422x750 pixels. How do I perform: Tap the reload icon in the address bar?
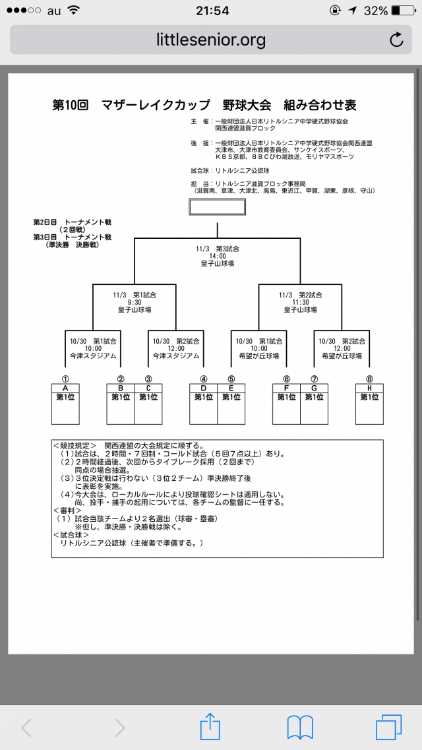(396, 40)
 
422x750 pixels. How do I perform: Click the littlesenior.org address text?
(211, 40)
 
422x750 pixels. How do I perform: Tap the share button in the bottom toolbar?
(210, 728)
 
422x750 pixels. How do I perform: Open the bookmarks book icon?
(300, 728)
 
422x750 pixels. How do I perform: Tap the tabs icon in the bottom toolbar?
(388, 728)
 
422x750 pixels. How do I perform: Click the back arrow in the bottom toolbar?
(27, 728)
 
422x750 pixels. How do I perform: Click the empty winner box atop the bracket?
(217, 207)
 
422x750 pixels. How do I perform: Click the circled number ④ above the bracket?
(204, 379)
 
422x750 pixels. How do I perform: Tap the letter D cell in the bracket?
(204, 388)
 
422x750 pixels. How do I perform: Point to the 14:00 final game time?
(218, 256)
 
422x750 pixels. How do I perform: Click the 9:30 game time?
(135, 302)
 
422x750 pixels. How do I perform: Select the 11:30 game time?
(301, 302)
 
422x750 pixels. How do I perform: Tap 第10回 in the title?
(70, 106)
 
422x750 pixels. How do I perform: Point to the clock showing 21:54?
(212, 11)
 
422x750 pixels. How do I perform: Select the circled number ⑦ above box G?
(315, 379)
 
